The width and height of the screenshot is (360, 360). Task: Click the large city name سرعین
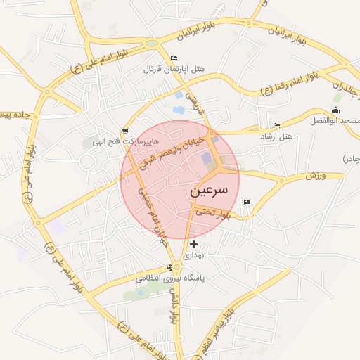(209, 191)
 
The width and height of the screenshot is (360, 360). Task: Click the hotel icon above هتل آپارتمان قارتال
(174, 58)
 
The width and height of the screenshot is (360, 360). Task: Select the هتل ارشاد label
(276, 135)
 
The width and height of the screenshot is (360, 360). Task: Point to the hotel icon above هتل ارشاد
(276, 125)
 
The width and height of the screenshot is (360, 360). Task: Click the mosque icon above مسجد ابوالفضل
(335, 110)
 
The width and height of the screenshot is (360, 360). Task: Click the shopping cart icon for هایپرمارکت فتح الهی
(125, 131)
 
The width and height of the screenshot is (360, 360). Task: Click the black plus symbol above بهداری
(194, 244)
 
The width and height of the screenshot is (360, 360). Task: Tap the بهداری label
(193, 256)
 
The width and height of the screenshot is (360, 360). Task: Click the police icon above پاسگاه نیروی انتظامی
(169, 267)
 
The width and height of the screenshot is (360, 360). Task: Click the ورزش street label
(316, 174)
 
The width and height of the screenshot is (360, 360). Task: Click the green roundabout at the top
(151, 44)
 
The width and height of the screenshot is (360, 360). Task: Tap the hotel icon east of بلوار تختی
(246, 202)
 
